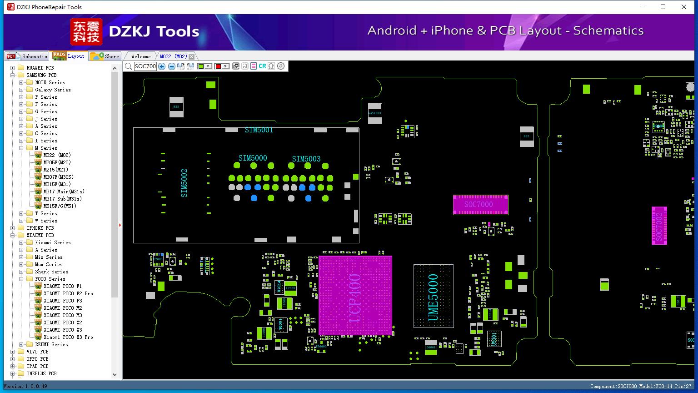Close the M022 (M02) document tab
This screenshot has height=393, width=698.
192,56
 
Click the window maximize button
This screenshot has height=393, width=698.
663,7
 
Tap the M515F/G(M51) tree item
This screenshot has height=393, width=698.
60,206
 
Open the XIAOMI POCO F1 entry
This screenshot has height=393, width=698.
62,286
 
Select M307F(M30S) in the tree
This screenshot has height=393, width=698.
58,177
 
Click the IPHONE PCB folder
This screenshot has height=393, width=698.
40,228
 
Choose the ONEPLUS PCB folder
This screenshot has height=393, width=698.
41,373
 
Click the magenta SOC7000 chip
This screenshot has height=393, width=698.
480,205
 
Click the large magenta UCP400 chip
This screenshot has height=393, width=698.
355,296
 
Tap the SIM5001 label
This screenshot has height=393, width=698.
259,130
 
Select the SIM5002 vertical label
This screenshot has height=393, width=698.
184,183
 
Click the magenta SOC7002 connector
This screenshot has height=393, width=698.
659,226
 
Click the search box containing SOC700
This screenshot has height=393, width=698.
145,66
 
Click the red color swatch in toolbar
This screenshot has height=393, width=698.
218,66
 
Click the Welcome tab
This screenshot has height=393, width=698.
141,56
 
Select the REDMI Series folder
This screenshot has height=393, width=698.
51,344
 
